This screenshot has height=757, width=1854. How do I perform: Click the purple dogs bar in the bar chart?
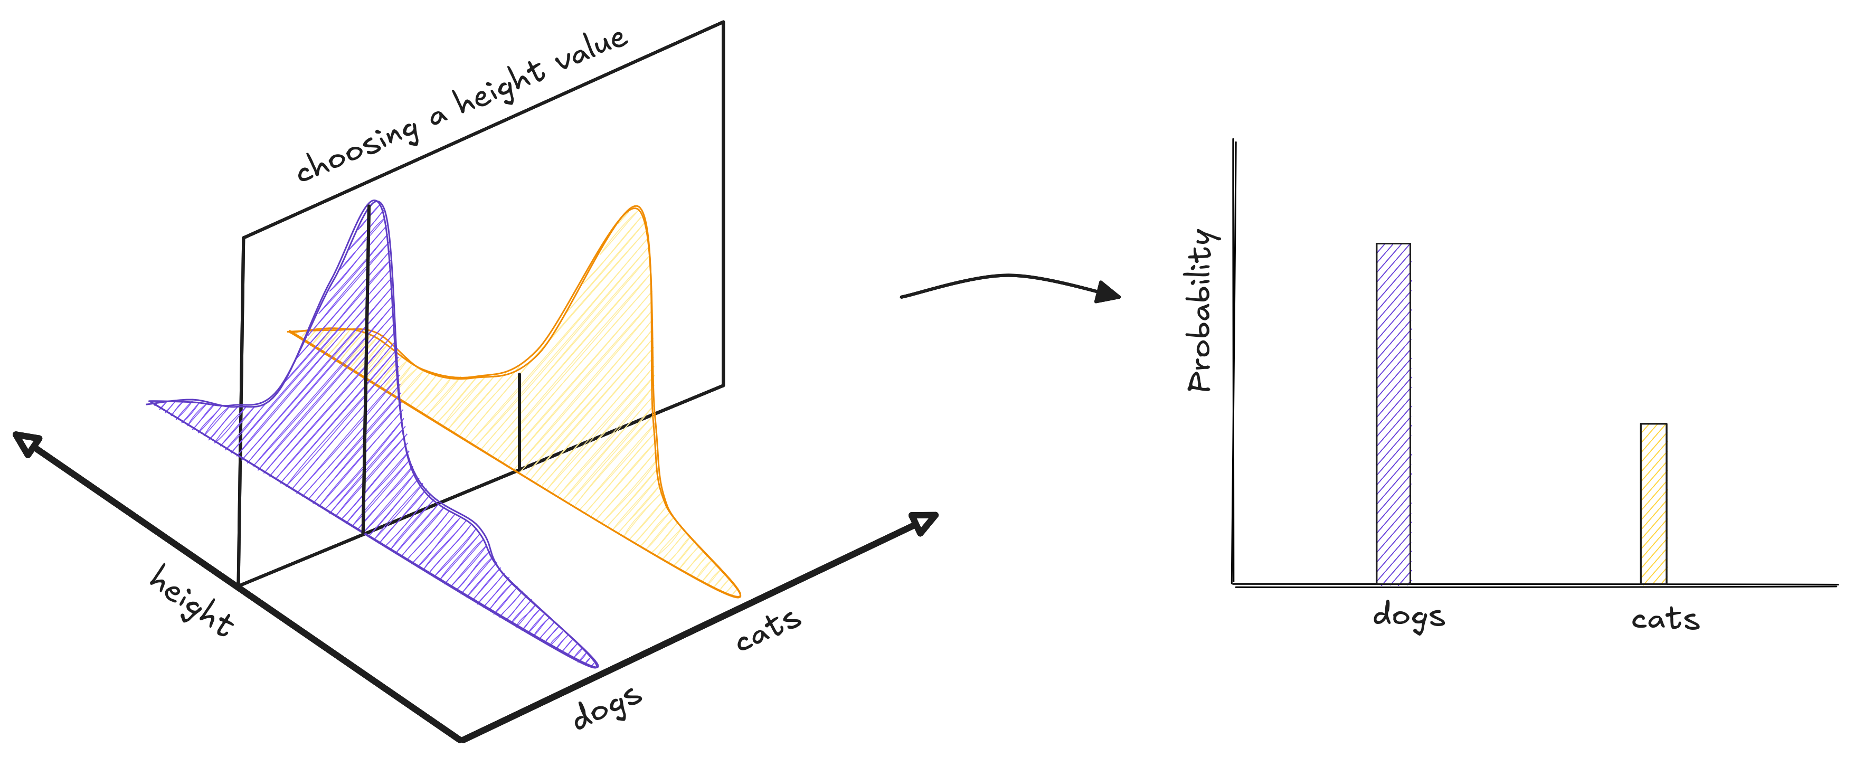1393,414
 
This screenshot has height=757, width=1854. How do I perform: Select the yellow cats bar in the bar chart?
1653,504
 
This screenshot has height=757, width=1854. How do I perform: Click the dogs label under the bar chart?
1408,618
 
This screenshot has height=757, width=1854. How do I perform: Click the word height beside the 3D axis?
191,600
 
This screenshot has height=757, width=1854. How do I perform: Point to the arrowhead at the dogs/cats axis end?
923,523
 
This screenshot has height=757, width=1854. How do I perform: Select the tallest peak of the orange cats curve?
634,208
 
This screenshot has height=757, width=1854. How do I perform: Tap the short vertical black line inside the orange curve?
519,422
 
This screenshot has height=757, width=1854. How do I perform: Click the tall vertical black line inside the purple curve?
366,369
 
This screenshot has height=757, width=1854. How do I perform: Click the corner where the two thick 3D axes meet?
461,739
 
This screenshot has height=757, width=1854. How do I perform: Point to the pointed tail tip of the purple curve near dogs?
597,666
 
